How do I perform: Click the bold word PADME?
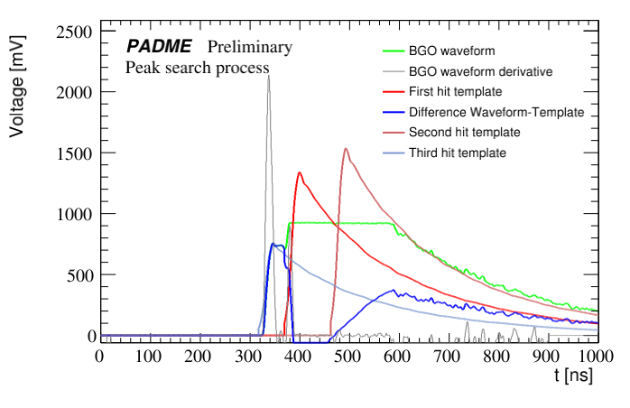click(158, 47)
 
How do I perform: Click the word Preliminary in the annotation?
click(250, 47)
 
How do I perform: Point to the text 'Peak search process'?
click(198, 67)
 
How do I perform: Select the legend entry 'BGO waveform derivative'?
click(480, 70)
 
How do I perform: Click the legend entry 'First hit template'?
click(455, 91)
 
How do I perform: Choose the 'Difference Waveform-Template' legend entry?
click(496, 112)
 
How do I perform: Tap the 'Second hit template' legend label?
click(464, 132)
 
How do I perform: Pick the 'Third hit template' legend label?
click(457, 153)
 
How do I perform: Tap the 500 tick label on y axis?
click(79, 275)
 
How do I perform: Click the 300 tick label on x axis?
click(248, 356)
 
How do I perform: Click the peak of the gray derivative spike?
click(268, 77)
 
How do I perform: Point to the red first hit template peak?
click(299, 172)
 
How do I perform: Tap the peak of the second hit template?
click(346, 149)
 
